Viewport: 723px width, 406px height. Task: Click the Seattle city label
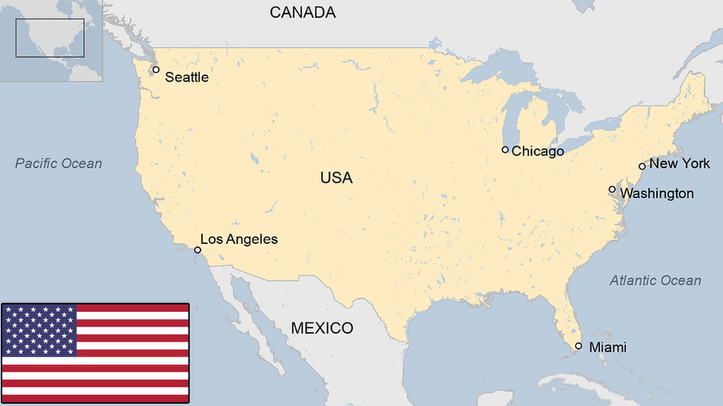point(186,77)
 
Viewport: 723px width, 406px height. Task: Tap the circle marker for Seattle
point(156,70)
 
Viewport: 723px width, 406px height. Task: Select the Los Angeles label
point(239,239)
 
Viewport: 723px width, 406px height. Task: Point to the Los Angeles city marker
point(198,250)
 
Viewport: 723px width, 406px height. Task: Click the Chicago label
point(538,151)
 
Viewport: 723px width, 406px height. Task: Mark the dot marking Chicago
point(505,149)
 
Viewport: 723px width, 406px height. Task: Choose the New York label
point(679,163)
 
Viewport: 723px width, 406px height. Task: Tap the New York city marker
point(642,166)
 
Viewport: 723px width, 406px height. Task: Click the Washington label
point(656,194)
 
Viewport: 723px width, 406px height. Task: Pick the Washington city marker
point(612,189)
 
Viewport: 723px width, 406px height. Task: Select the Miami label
point(607,347)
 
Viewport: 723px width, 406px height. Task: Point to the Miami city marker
point(579,345)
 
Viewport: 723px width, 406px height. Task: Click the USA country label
point(336,177)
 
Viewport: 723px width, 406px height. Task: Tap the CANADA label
point(302,12)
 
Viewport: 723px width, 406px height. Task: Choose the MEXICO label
point(321,328)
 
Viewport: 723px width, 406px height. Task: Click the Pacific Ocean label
point(59,163)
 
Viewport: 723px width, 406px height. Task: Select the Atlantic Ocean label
point(655,280)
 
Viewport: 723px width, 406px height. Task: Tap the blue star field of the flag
point(39,330)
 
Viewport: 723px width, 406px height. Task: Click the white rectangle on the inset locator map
point(50,38)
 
